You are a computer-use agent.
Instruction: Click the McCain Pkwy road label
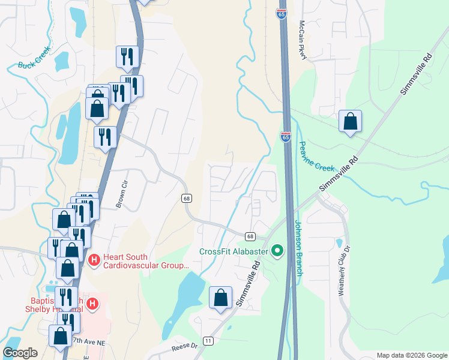click(304, 40)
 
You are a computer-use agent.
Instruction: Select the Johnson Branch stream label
click(298, 247)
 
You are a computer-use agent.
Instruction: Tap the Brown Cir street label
click(122, 195)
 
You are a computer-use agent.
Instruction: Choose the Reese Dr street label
click(184, 346)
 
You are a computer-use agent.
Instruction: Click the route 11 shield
click(208, 341)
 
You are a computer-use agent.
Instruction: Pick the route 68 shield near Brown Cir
click(187, 198)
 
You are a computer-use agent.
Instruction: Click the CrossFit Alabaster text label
click(234, 251)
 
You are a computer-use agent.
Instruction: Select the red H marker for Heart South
click(94, 260)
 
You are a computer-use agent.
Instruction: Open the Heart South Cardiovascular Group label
click(146, 260)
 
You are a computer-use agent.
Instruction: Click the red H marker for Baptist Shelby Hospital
click(92, 304)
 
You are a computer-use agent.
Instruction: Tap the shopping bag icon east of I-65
click(350, 121)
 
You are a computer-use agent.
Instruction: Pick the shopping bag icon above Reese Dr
click(220, 298)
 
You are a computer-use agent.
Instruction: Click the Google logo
click(20, 353)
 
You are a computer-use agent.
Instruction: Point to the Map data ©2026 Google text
click(411, 355)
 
